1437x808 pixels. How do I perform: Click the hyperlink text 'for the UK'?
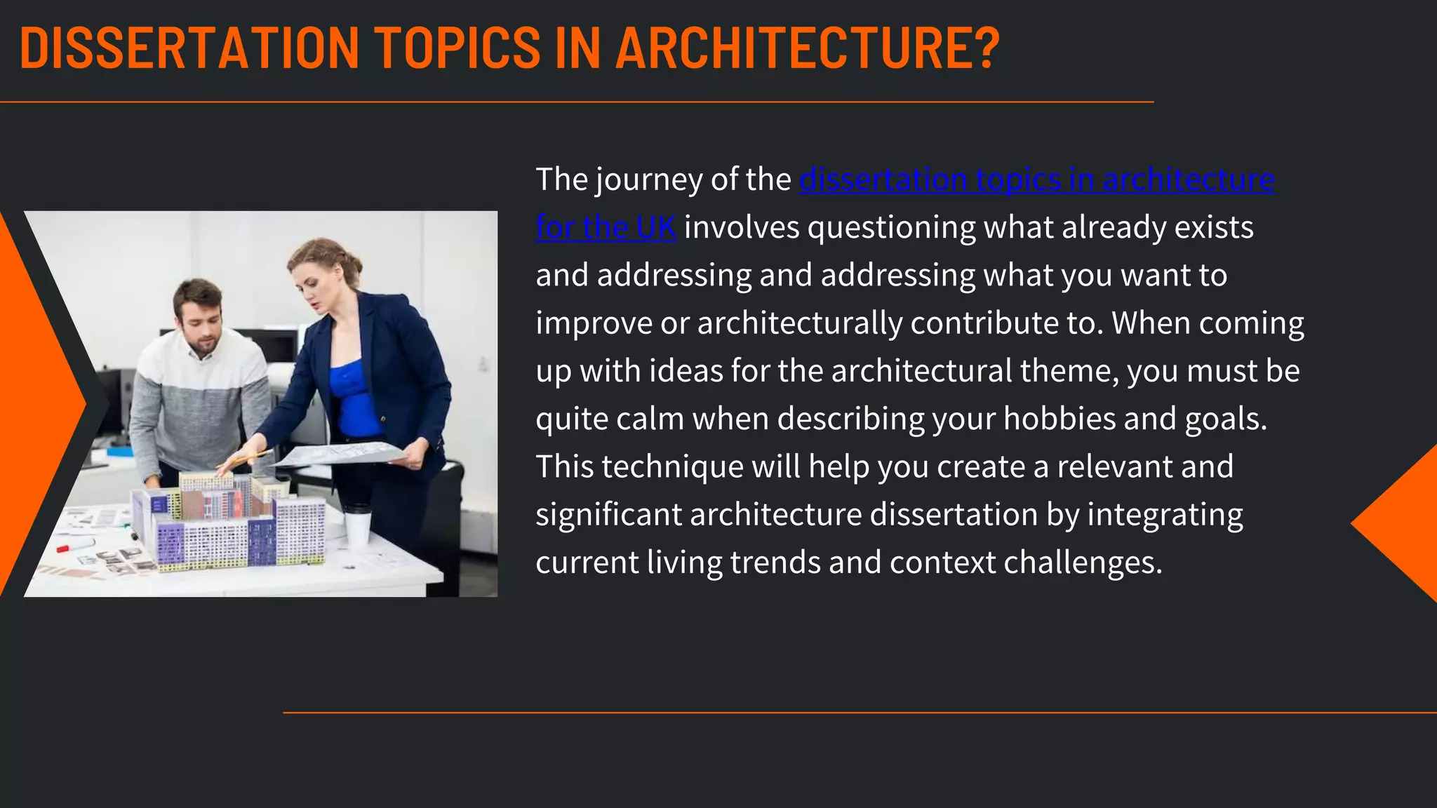[606, 227]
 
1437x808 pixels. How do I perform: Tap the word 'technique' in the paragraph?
[672, 467]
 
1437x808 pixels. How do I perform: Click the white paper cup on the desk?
[357, 525]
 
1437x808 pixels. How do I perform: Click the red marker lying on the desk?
[73, 545]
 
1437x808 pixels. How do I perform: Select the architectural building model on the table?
[228, 523]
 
